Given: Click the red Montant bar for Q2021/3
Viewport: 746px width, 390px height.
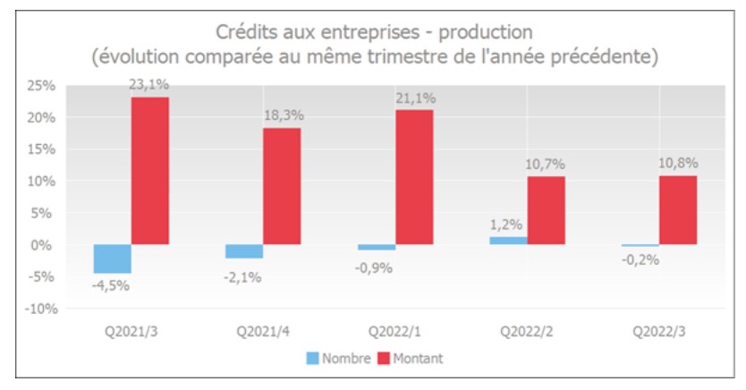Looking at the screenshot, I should [149, 171].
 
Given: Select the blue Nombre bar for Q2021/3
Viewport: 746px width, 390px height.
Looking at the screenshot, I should [112, 259].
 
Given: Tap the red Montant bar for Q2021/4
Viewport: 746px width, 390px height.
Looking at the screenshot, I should [282, 186].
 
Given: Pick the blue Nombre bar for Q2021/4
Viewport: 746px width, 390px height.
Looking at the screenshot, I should [244, 251].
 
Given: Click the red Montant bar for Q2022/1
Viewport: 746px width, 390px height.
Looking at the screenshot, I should [413, 177].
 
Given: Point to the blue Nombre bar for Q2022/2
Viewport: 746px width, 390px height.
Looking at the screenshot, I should [508, 241].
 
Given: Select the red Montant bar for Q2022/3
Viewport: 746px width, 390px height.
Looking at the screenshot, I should [677, 210].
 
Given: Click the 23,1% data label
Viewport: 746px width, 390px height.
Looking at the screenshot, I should [149, 85].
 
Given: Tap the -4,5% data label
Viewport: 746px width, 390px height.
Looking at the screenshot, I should [112, 285].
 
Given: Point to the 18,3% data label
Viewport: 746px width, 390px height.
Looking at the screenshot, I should [282, 116].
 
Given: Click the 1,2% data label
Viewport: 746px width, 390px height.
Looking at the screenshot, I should [508, 225].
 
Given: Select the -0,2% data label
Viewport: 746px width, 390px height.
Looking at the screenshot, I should [640, 260].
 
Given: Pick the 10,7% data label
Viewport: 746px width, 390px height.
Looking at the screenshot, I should [546, 165].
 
